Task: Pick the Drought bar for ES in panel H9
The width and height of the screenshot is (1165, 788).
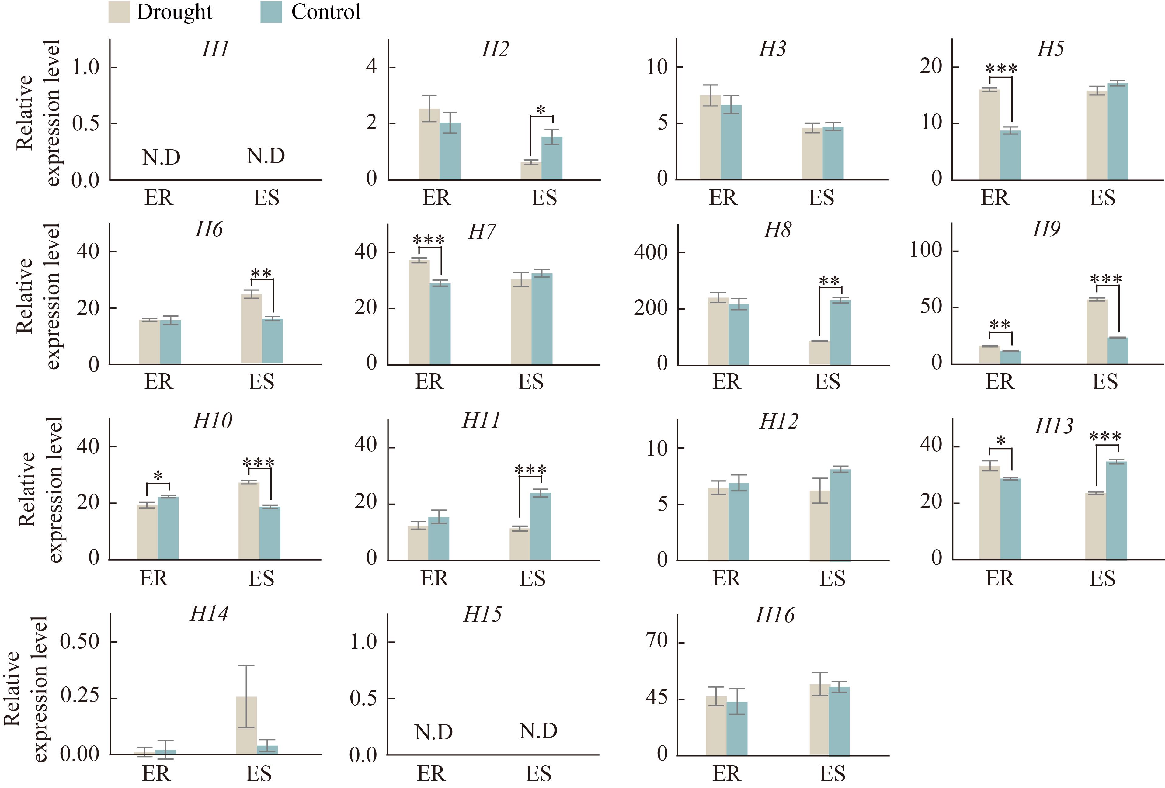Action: [1097, 331]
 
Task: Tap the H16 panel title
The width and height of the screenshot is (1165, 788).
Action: [775, 615]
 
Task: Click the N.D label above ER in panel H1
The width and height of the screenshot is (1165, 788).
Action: [161, 158]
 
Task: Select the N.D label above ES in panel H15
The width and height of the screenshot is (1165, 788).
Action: [538, 731]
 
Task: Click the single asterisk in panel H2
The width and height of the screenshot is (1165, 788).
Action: [541, 110]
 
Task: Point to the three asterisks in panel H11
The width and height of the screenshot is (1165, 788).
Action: [530, 470]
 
